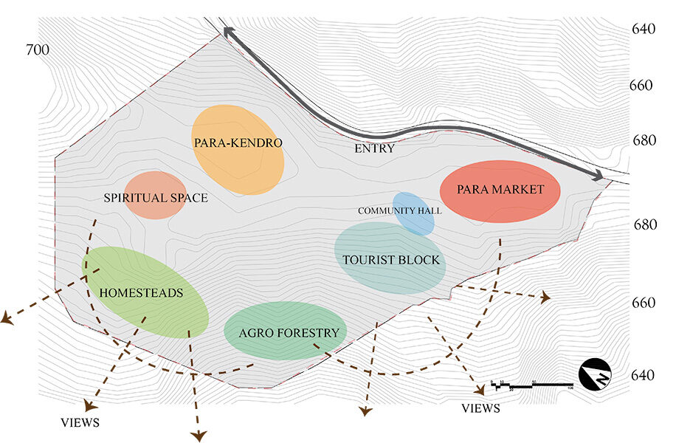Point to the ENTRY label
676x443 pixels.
pos(374,149)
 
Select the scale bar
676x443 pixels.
pos(531,385)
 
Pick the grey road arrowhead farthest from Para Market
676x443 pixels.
pos(229,32)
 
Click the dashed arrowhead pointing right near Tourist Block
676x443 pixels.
pos(545,298)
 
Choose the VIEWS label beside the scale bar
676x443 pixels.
pos(480,408)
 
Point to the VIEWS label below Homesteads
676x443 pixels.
pos(80,423)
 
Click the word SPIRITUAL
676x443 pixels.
pos(131,198)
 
